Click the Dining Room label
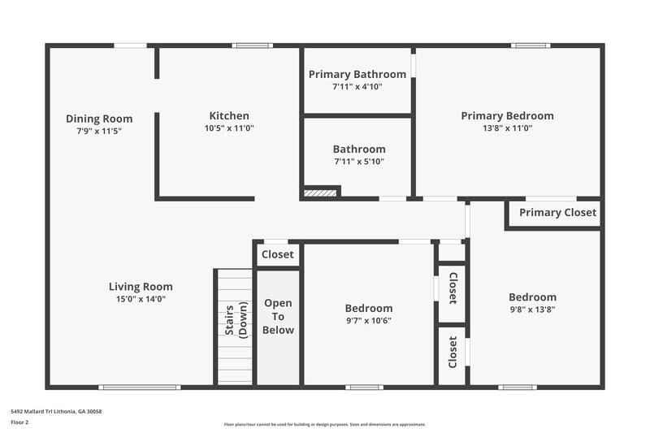coord(99,119)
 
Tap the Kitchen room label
coord(229,115)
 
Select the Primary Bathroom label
coord(357,75)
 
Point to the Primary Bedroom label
coord(507,115)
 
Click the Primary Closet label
coord(557,213)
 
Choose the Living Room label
coord(141,286)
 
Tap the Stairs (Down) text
coord(236,320)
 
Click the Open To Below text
coord(278,317)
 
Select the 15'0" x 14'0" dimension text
coord(141,299)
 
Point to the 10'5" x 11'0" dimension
coord(229,128)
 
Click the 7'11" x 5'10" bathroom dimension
coord(358,162)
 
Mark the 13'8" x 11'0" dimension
coord(507,128)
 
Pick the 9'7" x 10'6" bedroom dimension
coord(369,320)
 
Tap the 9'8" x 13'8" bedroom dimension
coord(532,310)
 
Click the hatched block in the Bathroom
coord(320,193)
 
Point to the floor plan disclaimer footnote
coord(325,424)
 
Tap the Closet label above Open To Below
coord(278,254)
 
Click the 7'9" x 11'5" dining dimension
coord(99,131)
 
